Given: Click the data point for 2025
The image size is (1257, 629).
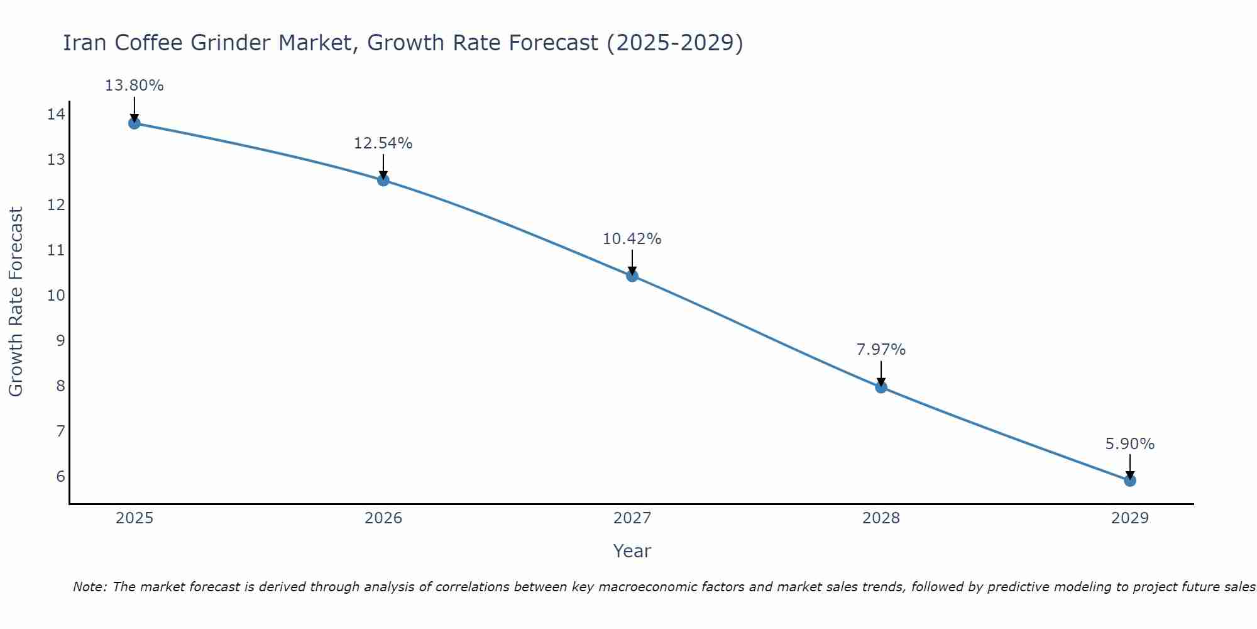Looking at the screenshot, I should click(x=134, y=123).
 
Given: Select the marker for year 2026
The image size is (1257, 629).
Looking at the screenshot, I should click(x=383, y=180).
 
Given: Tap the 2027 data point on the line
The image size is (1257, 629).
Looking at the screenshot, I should click(x=632, y=276).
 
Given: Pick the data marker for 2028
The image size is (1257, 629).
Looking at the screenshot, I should click(x=881, y=387).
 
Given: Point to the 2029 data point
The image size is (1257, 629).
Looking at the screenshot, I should click(x=1130, y=481).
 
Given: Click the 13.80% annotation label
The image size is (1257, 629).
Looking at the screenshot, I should click(x=134, y=86).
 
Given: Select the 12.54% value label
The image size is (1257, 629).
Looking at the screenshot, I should click(x=383, y=143).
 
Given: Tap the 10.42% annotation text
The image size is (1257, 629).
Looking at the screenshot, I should click(x=632, y=239).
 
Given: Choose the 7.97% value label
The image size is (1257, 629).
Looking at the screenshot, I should click(x=881, y=350).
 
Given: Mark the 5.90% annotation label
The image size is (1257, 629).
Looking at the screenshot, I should click(x=1129, y=444).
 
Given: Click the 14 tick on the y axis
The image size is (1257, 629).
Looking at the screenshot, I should click(x=56, y=114).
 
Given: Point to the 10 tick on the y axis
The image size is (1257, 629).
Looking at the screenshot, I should click(x=56, y=295).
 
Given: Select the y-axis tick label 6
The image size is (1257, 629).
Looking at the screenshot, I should click(x=60, y=476).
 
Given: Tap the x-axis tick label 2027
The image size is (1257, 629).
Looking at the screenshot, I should click(x=632, y=518).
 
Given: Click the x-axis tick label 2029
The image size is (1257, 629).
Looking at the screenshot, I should click(x=1130, y=518).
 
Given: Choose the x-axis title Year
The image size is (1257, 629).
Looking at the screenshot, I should click(x=632, y=551).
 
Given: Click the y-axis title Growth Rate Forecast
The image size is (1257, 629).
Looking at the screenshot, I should click(x=16, y=302).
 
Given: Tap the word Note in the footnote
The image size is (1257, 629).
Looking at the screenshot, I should click(x=89, y=587).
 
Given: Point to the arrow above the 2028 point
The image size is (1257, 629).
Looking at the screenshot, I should click(x=881, y=372).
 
